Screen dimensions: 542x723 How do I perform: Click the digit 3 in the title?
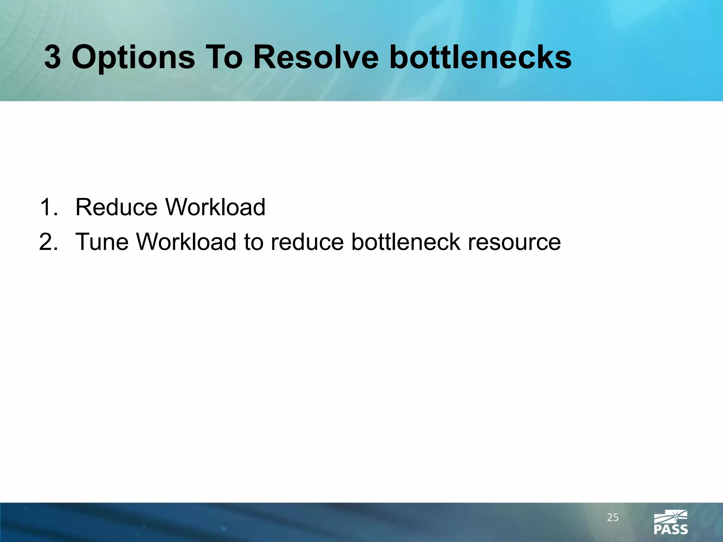coord(53,57)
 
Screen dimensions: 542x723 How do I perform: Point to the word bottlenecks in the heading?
coord(480,57)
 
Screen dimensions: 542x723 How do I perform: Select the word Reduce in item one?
coord(116,207)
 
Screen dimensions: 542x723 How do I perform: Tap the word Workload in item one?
coord(215,207)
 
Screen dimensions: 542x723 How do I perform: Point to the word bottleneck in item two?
coord(406,242)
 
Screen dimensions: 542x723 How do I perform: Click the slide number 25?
coord(613,518)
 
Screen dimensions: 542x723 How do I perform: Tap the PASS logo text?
coord(671,529)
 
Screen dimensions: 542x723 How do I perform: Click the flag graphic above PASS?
coord(671,516)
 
